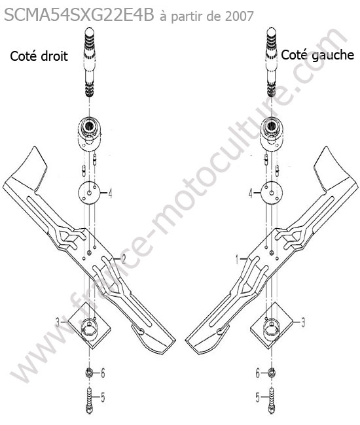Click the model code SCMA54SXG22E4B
click(x=79, y=15)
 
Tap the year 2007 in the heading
click(x=239, y=16)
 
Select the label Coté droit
click(x=39, y=56)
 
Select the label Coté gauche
click(x=317, y=55)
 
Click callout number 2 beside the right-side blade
click(x=123, y=260)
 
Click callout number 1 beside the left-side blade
click(x=238, y=260)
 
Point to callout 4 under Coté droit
click(x=110, y=194)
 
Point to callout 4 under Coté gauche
click(x=251, y=194)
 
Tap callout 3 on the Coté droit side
click(x=57, y=322)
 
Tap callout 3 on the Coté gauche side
click(x=303, y=322)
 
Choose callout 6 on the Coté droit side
click(x=103, y=373)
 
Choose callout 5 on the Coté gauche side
click(x=258, y=398)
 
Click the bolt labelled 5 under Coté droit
click(x=89, y=401)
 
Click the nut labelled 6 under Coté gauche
click(x=271, y=373)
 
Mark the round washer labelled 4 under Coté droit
click(x=89, y=193)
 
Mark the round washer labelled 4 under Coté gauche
click(x=272, y=193)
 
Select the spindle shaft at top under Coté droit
click(x=89, y=61)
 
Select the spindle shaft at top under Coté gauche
click(x=271, y=61)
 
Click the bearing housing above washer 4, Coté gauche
click(x=272, y=133)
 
